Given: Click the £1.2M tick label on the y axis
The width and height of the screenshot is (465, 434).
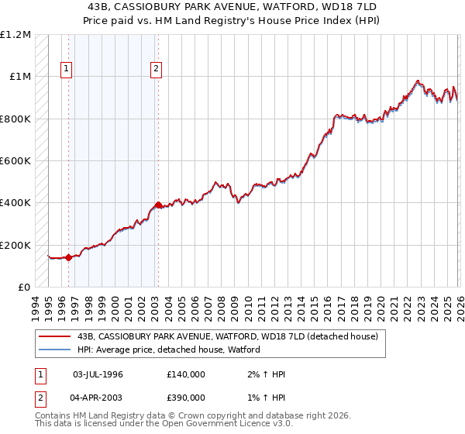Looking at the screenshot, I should (x=15, y=35).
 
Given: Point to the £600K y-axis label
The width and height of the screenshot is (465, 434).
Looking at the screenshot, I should (x=15, y=161).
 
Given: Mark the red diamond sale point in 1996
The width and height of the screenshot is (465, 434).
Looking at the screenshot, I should (x=68, y=258).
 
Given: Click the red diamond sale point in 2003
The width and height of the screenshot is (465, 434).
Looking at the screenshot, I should (x=157, y=205).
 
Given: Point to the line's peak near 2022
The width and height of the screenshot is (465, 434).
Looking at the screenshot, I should (x=418, y=81).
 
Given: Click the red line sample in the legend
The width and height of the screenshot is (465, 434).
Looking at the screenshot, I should (x=54, y=337).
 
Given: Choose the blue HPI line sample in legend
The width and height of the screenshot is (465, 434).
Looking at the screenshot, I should (x=54, y=350).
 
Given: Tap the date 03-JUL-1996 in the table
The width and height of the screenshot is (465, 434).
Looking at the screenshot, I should (x=98, y=374).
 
